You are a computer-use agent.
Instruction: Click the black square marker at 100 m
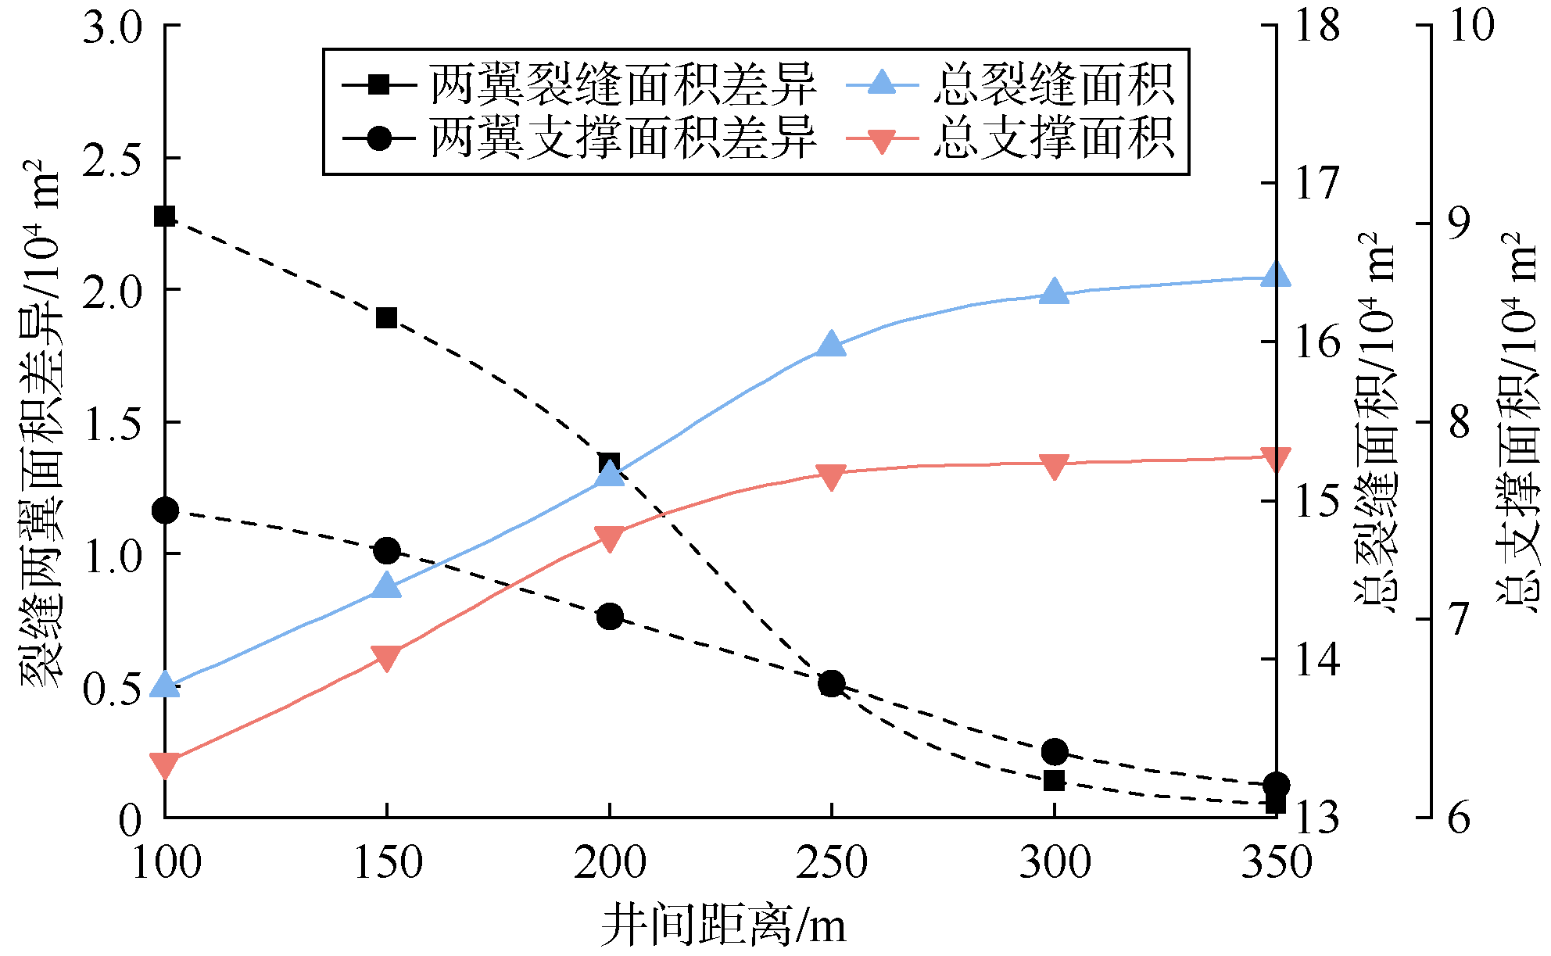point(164,217)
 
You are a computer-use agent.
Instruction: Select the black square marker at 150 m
point(386,318)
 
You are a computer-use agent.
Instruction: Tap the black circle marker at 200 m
point(610,617)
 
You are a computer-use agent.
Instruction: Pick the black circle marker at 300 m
point(1055,752)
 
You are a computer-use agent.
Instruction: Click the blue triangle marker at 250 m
point(831,345)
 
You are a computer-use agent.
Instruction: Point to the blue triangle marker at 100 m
point(164,685)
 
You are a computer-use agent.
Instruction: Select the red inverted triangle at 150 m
point(386,658)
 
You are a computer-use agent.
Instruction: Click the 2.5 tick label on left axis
point(113,159)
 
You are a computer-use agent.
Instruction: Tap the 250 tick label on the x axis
point(831,862)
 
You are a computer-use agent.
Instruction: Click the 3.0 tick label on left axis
point(113,28)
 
